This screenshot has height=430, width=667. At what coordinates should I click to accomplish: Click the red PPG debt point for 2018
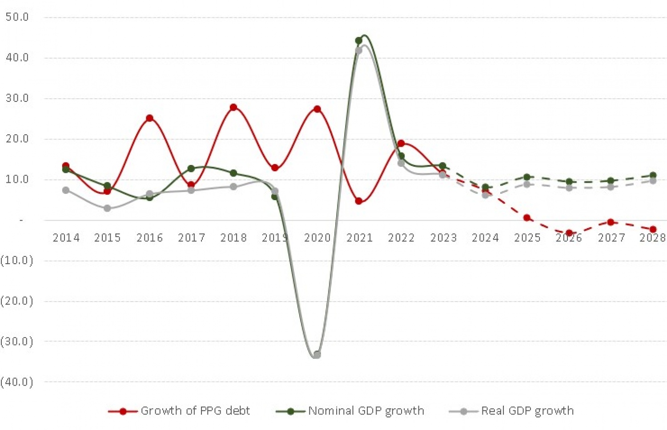pos(233,107)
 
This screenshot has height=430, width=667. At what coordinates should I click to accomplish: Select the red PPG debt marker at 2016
pos(149,118)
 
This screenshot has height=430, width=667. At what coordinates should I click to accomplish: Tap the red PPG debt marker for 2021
pos(359,201)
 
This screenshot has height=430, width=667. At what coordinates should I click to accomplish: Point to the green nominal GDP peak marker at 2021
pos(359,40)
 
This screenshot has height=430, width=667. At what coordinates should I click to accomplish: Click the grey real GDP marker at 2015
pos(108,208)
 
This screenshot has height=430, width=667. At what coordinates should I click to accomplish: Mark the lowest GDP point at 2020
pos(317,355)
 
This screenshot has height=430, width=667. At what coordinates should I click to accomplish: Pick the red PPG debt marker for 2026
pos(569,233)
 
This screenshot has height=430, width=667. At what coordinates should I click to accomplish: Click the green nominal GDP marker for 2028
pos(653,175)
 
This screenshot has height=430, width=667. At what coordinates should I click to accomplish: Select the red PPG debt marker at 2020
pos(317,109)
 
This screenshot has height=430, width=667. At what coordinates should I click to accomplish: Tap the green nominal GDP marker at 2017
pos(191,169)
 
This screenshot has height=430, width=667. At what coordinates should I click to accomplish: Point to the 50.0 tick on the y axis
pos(17,17)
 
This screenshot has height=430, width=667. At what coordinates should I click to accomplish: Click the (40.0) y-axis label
pos(17,382)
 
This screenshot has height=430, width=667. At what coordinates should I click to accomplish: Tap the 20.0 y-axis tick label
pos(17,139)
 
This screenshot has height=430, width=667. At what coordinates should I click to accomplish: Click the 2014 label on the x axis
pos(66,238)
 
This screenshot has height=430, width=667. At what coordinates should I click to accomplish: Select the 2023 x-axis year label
pos(443,238)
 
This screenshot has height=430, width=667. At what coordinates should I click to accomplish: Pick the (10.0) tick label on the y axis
pos(17,260)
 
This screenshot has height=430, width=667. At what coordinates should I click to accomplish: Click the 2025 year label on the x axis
pos(527,238)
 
